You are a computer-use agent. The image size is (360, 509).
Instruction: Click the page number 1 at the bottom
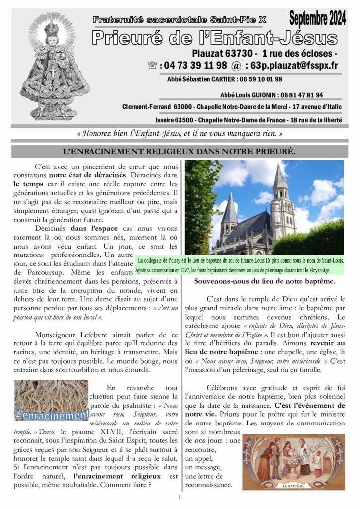click(x=180, y=497)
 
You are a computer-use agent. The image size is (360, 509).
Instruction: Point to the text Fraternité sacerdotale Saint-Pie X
click(x=180, y=19)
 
